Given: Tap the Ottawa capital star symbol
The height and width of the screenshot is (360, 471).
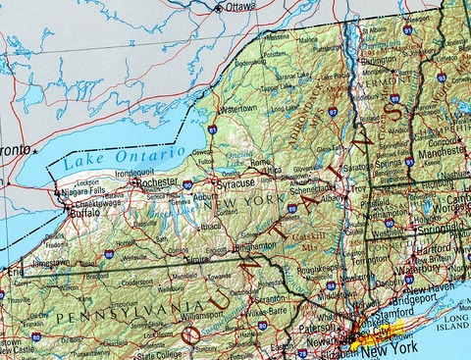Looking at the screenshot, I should point(218,8).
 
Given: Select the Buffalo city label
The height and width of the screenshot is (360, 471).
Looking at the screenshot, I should point(85,212).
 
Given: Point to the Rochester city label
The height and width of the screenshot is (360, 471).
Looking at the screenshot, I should point(158,182).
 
